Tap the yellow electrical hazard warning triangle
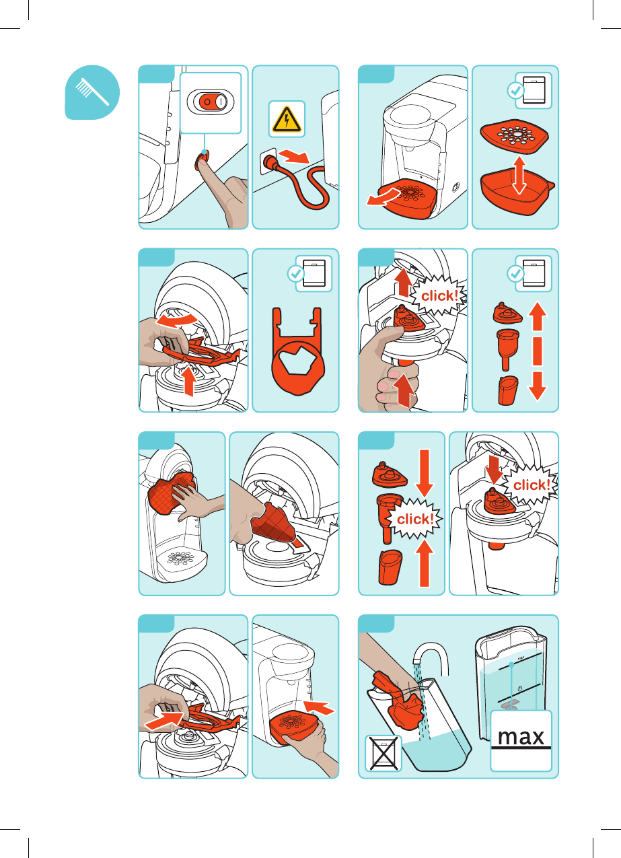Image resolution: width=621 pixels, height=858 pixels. click(287, 120)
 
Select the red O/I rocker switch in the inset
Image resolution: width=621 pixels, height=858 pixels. click(210, 102)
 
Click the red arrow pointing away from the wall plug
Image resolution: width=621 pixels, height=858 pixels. click(293, 156)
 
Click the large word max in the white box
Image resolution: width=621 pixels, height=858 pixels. click(521, 738)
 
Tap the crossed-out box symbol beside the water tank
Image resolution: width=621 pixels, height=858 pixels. click(383, 754)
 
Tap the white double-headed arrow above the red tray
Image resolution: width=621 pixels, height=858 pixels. click(519, 175)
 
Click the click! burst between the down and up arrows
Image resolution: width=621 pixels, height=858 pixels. click(414, 519)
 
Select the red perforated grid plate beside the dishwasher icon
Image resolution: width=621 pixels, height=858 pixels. click(514, 135)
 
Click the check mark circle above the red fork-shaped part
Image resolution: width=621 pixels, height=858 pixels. click(295, 273)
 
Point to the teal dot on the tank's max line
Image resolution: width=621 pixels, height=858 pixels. click(511, 665)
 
